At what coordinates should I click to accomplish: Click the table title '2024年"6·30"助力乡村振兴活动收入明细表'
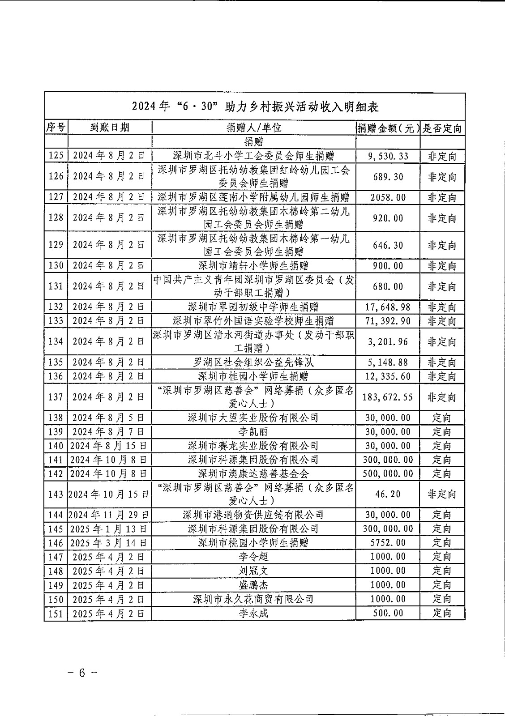pos(255,107)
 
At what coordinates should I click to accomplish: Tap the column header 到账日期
pos(110,128)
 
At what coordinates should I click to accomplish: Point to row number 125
pos(56,156)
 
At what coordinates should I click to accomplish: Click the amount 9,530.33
pos(388,156)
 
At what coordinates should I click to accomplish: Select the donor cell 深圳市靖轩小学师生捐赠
pos(253,266)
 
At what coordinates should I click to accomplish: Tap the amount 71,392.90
pos(388,321)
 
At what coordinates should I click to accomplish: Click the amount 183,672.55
pos(388,397)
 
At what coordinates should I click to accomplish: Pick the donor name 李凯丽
pos(253,432)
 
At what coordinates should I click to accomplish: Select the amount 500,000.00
pos(388,473)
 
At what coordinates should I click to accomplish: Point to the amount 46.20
pos(388,494)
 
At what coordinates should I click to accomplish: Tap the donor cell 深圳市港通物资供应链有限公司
pos(253,515)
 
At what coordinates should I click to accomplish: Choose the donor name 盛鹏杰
pos(253,585)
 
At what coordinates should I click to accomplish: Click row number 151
pos(56,613)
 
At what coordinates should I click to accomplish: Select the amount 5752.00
pos(388,543)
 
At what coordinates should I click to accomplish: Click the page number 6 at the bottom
pos(81,673)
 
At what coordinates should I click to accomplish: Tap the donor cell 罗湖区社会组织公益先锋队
pos(253,362)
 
